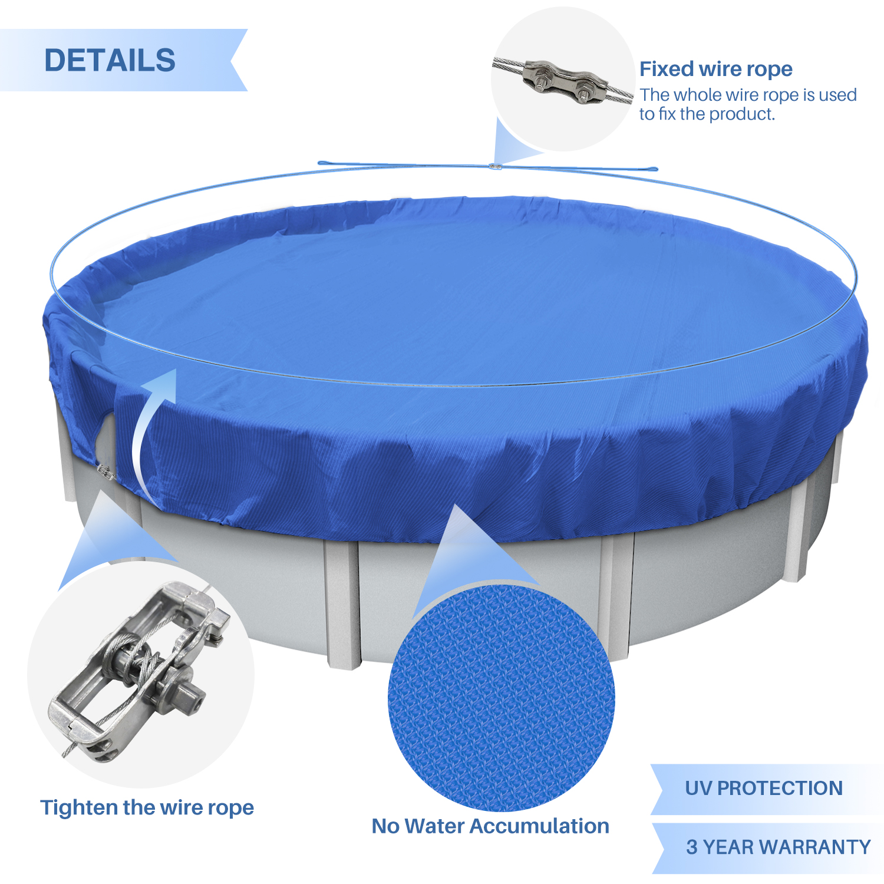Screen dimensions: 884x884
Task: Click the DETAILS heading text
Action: [x=110, y=60]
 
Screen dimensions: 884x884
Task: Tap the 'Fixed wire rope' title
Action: [x=716, y=69]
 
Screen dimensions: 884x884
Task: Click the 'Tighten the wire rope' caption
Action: [x=147, y=807]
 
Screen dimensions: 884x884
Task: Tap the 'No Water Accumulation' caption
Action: [x=490, y=826]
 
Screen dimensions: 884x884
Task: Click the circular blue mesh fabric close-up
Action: [x=502, y=698]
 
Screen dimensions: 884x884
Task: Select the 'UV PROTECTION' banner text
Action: [x=764, y=788]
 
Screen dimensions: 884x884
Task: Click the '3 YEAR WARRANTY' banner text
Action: [x=778, y=847]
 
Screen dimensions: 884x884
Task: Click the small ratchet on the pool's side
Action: [x=104, y=471]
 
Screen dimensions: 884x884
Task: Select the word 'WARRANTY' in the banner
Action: [x=816, y=847]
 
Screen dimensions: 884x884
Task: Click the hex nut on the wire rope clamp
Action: [x=584, y=94]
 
